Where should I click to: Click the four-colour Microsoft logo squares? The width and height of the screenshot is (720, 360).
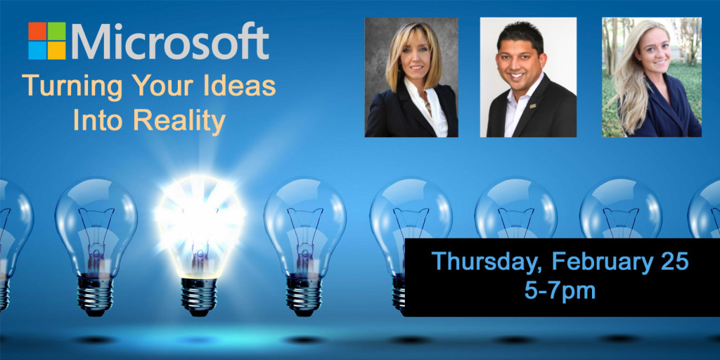[47, 41]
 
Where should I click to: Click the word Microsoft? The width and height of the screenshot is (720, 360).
[170, 41]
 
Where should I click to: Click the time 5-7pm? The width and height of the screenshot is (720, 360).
[560, 290]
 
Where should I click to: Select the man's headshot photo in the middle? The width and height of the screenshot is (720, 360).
[528, 77]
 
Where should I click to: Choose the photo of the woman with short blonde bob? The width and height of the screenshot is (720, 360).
[411, 77]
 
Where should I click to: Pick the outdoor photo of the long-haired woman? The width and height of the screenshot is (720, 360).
[652, 77]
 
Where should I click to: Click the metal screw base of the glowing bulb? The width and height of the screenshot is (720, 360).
[199, 295]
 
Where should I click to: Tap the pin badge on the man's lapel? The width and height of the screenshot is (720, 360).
[533, 107]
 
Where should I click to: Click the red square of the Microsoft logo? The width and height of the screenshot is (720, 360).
[37, 31]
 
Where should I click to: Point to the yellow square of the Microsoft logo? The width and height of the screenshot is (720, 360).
[57, 51]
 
